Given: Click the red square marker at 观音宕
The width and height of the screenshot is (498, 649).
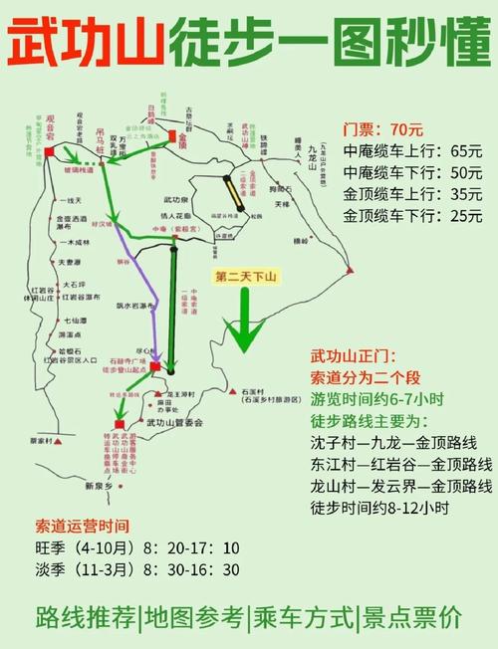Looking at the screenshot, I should (x=50, y=150).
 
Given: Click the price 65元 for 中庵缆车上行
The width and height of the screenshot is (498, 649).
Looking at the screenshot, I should (x=466, y=151).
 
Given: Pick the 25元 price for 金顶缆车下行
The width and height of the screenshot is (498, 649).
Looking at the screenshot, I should (x=466, y=215).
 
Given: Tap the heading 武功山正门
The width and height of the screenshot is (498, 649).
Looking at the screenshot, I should (x=353, y=356).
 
